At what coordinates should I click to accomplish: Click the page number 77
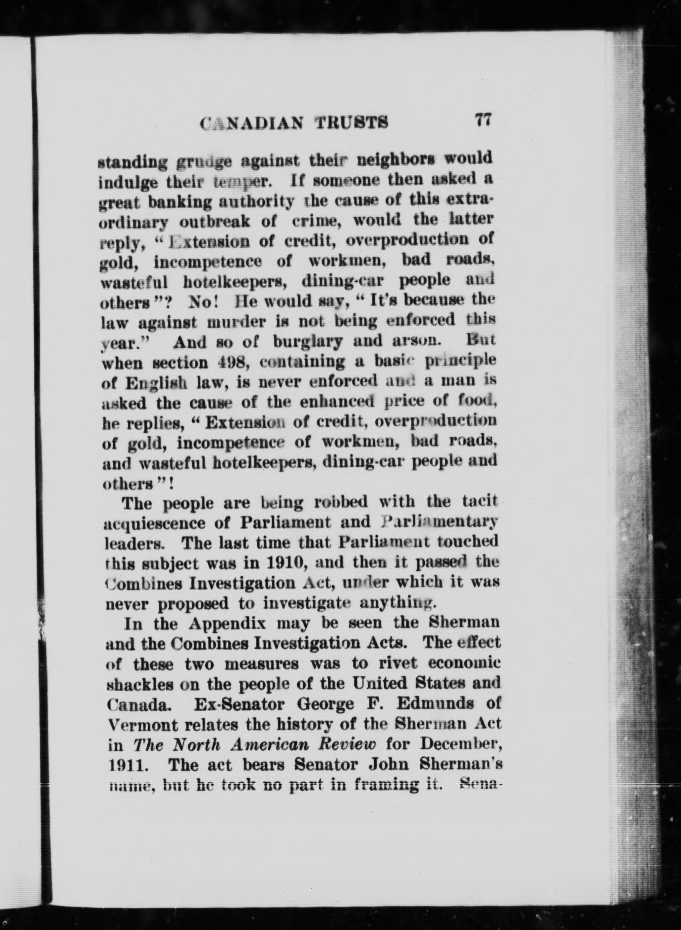482,121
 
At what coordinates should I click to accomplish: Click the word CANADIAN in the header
252,123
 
